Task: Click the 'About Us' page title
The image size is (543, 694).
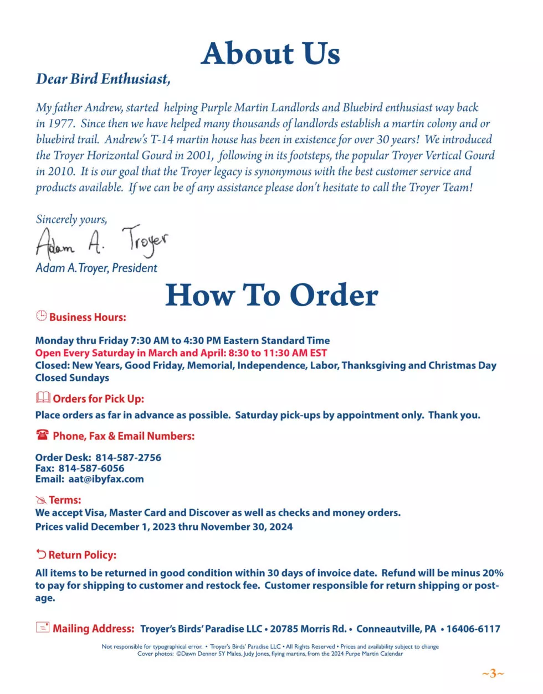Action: pos(270,54)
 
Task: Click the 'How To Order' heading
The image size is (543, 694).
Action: pos(271,295)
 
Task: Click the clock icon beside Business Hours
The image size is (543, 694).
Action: pos(42,315)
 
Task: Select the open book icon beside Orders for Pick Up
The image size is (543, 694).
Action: pos(43,397)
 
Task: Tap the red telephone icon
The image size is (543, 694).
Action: pos(43,435)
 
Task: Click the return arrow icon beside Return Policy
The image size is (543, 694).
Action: pos(41,554)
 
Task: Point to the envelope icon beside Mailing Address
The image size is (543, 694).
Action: pos(43,627)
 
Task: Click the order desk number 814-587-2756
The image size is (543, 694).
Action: pos(128,458)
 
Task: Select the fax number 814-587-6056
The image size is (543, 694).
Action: pos(91,468)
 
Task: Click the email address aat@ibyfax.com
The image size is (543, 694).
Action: pos(106,479)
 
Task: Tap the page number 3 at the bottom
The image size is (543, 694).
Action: pos(493,674)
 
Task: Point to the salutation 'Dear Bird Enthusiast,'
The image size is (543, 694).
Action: pos(103,79)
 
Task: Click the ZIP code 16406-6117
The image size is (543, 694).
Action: pos(473,629)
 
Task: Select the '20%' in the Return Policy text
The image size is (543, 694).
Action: pos(493,573)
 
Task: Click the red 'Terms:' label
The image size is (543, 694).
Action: pos(65,500)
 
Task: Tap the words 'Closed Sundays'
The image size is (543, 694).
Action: pos(72,378)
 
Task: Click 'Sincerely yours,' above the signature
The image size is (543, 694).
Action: pos(71,219)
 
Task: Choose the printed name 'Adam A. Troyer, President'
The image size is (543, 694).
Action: pos(96,268)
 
